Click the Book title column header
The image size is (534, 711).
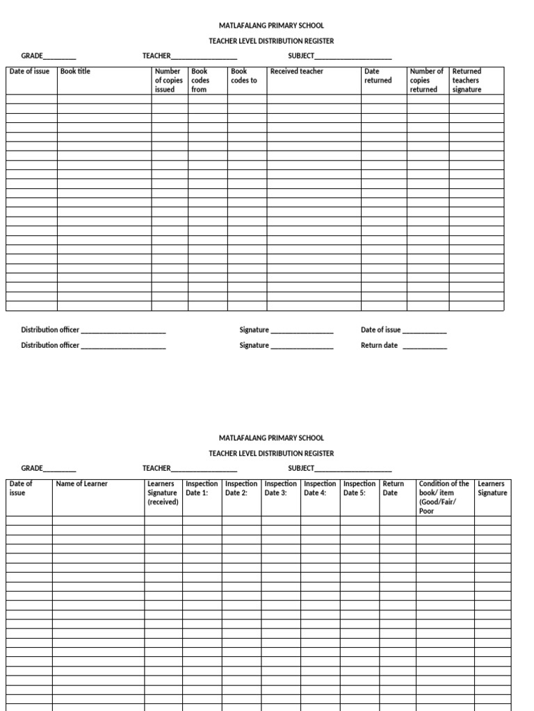(76, 72)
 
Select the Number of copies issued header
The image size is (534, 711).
(169, 81)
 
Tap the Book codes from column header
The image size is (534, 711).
(200, 81)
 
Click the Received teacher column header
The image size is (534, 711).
(297, 72)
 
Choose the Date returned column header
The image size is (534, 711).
(378, 76)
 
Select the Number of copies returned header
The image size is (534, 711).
(426, 81)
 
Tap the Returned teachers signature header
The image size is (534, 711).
(467, 81)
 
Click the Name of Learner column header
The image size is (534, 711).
(82, 484)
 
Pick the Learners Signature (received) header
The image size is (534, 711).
(163, 493)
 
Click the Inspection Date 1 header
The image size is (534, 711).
(202, 488)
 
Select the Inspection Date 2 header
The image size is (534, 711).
(241, 488)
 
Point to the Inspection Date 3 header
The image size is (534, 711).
(281, 488)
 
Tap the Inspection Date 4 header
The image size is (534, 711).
(320, 488)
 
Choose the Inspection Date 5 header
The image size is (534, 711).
(359, 488)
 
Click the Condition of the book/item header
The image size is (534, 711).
(444, 497)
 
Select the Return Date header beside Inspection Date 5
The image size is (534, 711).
(393, 488)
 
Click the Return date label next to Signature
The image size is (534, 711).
(380, 345)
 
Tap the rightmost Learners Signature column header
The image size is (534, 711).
(492, 488)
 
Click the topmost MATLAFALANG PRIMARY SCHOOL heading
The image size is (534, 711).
(271, 26)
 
